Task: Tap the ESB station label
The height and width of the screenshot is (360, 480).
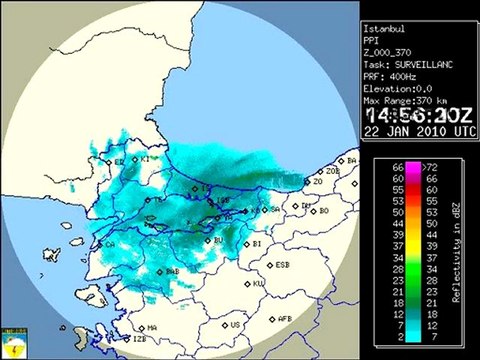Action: (x=283, y=265)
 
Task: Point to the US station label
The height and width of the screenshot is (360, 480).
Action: (x=235, y=325)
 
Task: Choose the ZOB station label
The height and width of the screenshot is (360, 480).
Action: (x=333, y=171)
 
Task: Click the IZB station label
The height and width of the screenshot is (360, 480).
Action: (x=139, y=340)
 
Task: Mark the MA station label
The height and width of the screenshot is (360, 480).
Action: (x=153, y=327)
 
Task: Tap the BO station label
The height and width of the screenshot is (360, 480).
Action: (x=324, y=211)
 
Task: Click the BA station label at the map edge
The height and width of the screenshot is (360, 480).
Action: (x=351, y=160)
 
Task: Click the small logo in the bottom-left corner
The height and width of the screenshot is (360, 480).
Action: (x=14, y=343)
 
